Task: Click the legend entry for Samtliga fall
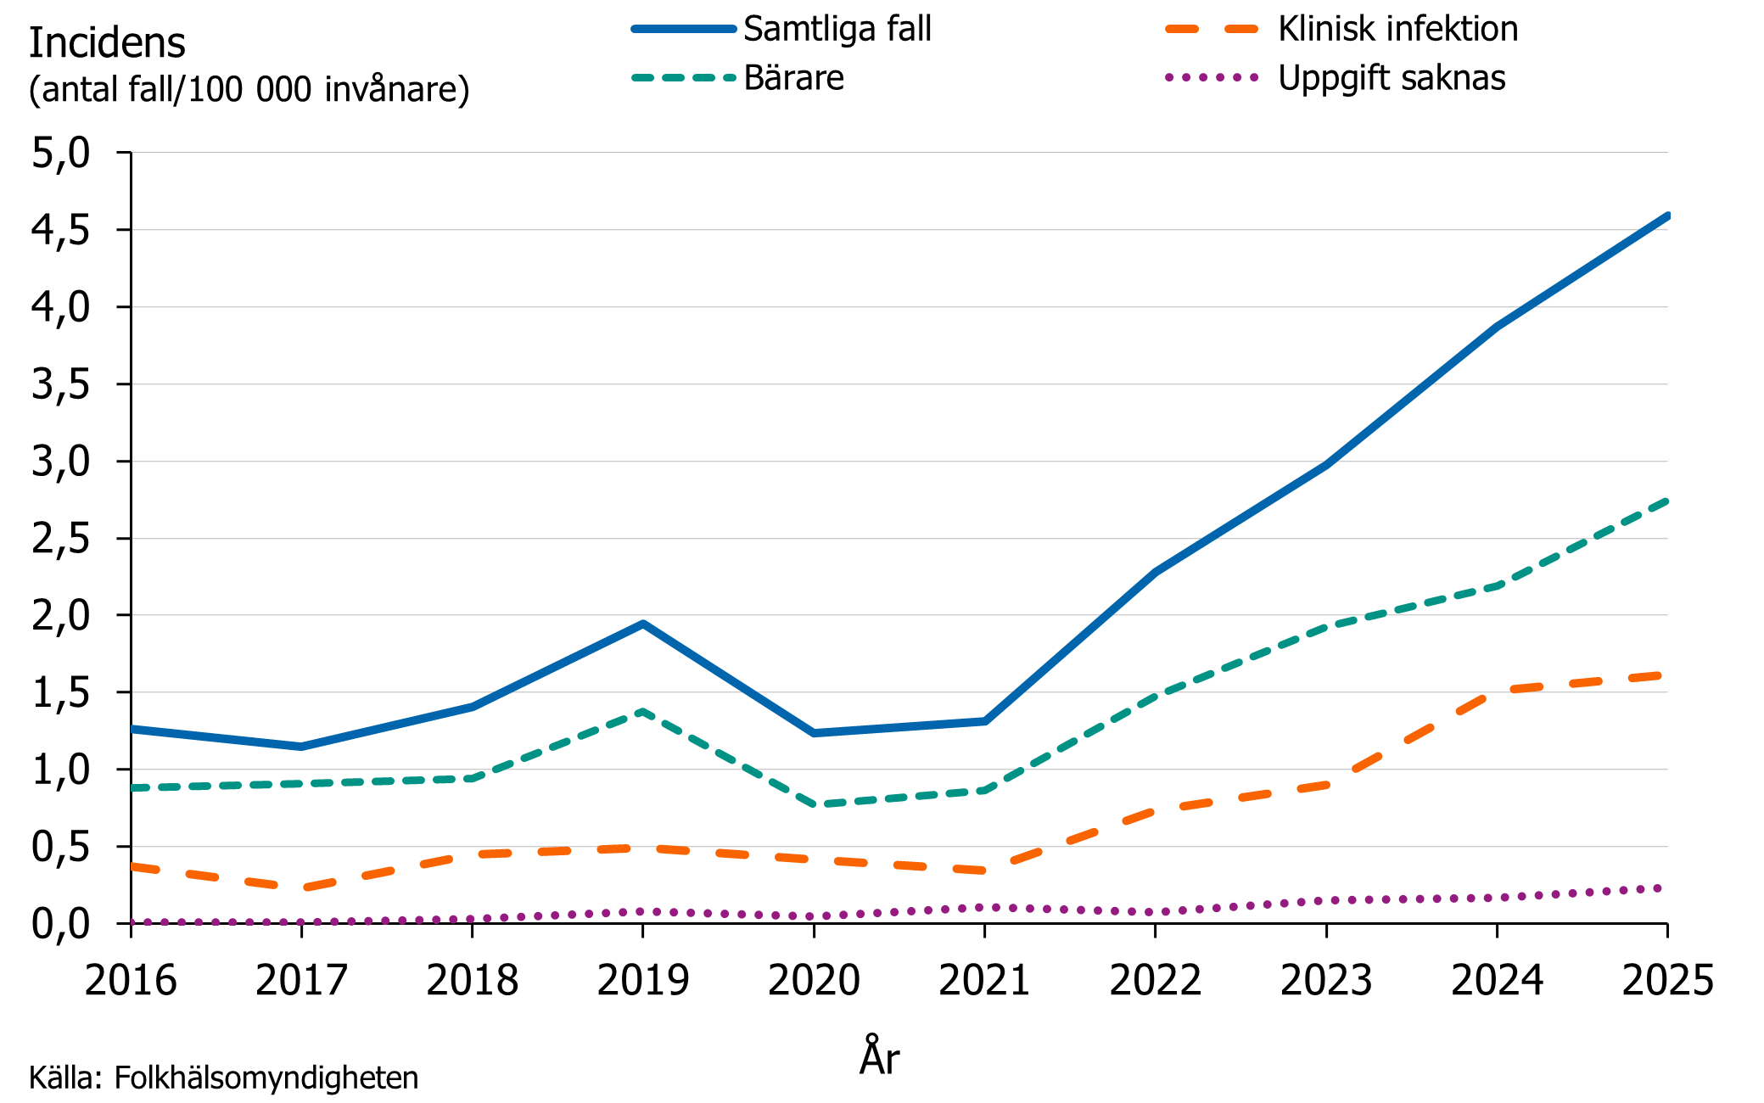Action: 837,29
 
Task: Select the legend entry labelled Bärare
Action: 793,78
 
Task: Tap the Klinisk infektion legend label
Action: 1397,29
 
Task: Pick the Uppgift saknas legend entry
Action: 1392,78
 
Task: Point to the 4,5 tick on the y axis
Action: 60,230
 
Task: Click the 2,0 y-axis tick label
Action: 60,615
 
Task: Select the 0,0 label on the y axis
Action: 60,923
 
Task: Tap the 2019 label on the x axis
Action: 643,981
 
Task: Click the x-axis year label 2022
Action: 1156,981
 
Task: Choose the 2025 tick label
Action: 1667,981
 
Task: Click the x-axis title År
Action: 879,1057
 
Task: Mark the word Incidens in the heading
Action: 107,43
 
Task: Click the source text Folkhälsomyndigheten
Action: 266,1078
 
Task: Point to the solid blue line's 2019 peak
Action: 643,624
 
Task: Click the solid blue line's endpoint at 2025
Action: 1666,216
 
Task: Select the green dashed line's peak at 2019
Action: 643,711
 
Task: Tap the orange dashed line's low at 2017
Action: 302,887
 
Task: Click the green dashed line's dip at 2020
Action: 815,804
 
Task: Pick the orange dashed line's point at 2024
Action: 1498,691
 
